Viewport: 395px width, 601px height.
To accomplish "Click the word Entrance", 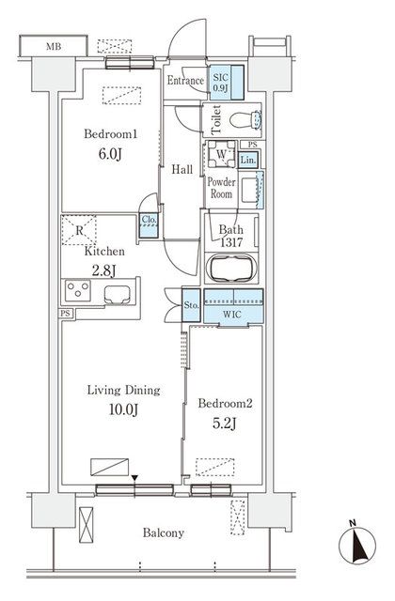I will [185, 82].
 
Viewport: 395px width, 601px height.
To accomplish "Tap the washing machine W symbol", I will [220, 154].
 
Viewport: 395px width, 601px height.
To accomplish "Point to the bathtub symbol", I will [230, 270].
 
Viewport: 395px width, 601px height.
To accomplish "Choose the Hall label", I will [182, 170].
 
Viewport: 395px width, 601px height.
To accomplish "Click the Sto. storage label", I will [189, 305].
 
